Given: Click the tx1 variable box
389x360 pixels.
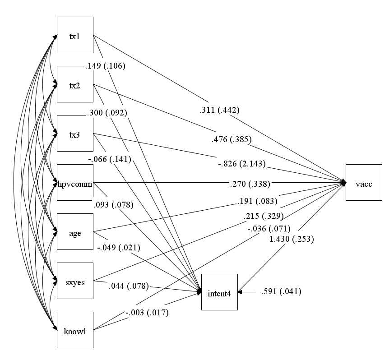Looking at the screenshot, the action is point(75,35).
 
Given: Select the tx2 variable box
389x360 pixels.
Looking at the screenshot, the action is point(75,84).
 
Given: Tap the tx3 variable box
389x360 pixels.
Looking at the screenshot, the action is point(75,133).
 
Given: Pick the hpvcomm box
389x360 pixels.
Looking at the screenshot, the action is point(75,182).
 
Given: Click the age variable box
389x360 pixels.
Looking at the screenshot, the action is point(75,231).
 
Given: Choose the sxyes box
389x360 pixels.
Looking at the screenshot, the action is point(75,281).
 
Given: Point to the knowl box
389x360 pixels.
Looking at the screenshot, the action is point(75,330).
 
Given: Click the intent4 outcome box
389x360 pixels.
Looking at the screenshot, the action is point(220,292).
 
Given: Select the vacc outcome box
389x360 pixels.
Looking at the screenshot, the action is point(364,182).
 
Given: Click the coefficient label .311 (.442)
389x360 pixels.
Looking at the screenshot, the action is point(219,110).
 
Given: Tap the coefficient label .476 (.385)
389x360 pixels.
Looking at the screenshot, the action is point(232,139).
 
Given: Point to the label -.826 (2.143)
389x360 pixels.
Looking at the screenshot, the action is point(242,164).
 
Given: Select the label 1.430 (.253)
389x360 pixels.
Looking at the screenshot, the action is point(292,239).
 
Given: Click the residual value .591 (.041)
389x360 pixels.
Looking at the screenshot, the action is point(281,291).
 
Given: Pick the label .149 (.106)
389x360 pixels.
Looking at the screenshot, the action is point(105,66).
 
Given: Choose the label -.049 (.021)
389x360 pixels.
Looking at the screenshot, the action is point(119,248).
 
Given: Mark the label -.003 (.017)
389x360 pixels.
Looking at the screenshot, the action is point(147,313).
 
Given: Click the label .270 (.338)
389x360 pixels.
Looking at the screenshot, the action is point(250,184).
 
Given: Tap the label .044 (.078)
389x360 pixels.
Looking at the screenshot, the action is point(129,286).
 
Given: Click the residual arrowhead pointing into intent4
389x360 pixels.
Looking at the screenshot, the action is point(240,292).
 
